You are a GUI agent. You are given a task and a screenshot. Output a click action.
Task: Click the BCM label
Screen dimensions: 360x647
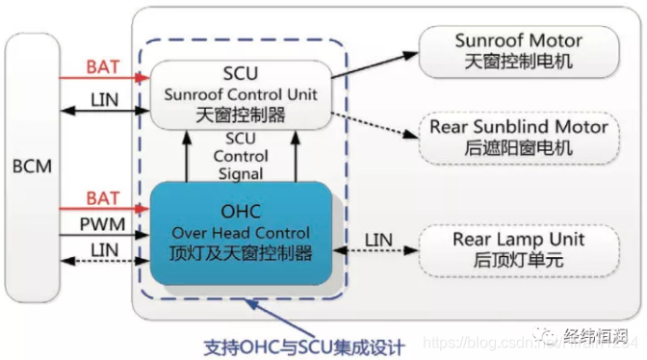point(34,167)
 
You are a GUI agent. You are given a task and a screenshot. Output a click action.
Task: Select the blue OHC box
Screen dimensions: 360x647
point(240,234)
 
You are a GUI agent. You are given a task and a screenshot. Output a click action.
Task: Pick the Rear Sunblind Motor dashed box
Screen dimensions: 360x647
point(518,137)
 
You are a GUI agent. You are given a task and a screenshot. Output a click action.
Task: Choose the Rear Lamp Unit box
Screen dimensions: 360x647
point(518,248)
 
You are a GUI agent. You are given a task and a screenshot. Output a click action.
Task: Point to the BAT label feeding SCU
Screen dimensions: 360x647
point(103,67)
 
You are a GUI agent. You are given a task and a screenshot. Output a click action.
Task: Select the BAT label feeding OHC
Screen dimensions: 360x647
point(103,198)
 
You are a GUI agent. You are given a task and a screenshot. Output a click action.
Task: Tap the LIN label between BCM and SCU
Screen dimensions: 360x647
point(103,99)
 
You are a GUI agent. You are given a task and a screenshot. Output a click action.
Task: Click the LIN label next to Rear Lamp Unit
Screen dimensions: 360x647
point(379,239)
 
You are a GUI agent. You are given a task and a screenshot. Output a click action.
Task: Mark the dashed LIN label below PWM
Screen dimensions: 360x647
point(103,251)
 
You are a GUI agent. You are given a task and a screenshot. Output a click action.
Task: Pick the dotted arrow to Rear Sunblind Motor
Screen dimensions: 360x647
point(375,119)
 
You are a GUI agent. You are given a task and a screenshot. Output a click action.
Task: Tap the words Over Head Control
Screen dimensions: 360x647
point(240,234)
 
